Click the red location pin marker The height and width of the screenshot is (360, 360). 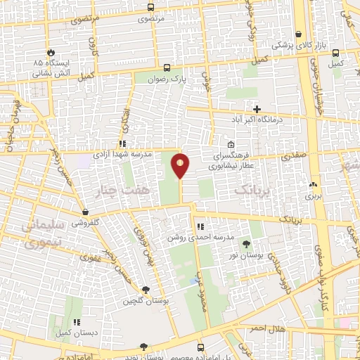181,165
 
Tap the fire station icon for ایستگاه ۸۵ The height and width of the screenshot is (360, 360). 51,53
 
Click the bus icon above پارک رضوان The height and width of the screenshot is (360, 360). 167,68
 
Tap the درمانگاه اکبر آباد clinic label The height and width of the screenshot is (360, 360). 257,120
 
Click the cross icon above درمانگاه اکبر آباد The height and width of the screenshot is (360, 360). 257,109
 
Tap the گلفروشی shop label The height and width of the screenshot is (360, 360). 84,222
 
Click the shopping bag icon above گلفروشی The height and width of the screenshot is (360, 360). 84,212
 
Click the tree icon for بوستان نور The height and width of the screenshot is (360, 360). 246,244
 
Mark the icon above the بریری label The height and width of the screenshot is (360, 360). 312,185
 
